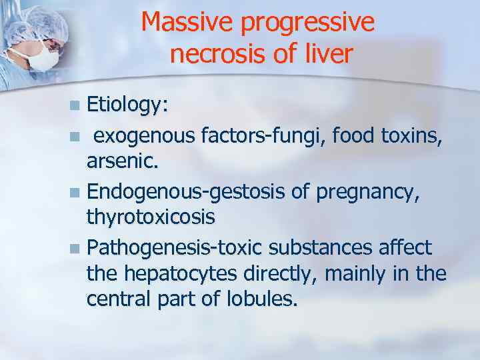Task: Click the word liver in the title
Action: coord(325,53)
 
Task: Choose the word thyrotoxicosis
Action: coord(151,217)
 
